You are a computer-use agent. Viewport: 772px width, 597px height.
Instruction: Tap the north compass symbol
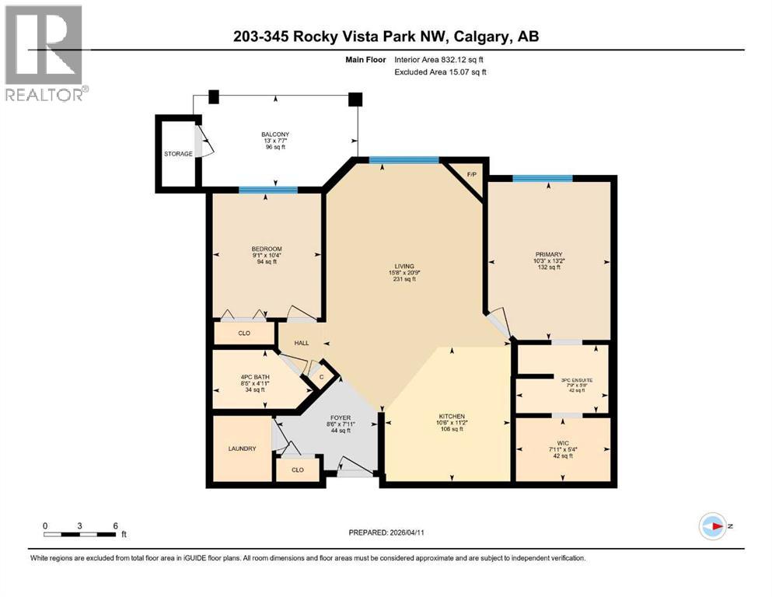(712, 526)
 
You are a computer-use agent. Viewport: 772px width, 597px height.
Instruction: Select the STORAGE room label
(178, 154)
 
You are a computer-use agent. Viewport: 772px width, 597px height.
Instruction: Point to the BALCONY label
(274, 134)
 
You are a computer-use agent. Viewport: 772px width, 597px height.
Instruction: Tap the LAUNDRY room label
(242, 449)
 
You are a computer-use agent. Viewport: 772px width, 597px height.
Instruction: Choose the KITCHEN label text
(451, 417)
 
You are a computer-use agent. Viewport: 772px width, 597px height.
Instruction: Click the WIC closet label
(561, 442)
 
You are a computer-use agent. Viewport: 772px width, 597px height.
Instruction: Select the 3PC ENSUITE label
(577, 380)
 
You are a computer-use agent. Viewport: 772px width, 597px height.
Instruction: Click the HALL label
(302, 343)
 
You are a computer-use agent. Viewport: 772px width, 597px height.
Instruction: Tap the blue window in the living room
(403, 160)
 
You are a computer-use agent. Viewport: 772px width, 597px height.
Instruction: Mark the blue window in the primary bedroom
(543, 179)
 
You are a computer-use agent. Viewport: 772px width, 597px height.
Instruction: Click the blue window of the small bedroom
(267, 190)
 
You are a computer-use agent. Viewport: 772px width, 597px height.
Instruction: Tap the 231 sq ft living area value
(403, 280)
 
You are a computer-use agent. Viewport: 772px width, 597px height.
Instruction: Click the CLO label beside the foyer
(298, 470)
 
